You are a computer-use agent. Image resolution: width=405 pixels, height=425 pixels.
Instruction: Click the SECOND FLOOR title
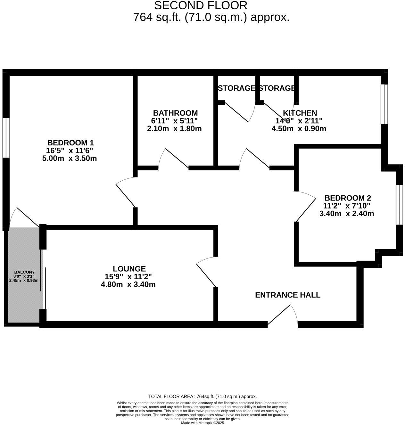point(201,5)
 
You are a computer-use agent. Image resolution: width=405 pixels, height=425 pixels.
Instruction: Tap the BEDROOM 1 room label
point(70,143)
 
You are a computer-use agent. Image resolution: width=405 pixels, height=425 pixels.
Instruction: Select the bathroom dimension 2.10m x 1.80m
point(174,129)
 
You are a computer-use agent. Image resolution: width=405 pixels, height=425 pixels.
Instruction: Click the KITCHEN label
point(300,113)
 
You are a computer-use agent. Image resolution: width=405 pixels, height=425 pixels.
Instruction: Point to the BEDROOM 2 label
point(347,198)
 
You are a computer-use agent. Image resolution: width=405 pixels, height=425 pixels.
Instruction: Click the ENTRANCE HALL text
point(287,295)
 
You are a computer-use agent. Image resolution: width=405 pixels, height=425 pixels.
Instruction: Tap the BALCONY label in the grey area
point(24,272)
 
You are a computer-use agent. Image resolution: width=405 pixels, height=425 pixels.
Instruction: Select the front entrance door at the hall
point(284,315)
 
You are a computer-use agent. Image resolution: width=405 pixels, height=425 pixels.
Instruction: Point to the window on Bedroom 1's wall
point(6,138)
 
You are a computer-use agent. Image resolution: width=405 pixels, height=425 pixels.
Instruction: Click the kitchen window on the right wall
point(384,104)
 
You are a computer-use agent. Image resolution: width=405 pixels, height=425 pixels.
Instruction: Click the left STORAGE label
point(236,88)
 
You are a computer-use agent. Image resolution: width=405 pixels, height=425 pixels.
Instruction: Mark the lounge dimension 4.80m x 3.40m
point(128,284)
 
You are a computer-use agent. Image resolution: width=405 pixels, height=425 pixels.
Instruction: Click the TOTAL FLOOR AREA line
point(202,396)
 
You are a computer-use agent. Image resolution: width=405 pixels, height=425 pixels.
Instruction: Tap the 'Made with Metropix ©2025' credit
point(202,423)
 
